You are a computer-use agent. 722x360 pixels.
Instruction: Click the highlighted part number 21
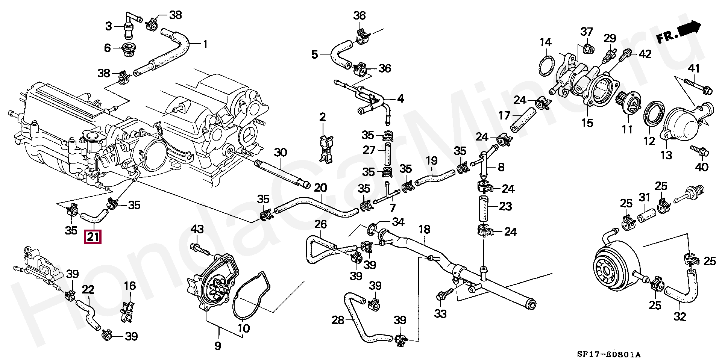(x=93, y=237)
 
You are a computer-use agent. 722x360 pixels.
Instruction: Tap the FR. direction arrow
(x=679, y=33)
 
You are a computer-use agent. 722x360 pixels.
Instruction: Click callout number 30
(x=280, y=152)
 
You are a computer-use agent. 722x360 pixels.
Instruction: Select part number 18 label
(x=425, y=229)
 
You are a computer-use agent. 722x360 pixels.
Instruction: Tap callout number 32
(x=680, y=316)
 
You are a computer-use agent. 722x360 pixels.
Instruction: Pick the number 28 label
(x=338, y=320)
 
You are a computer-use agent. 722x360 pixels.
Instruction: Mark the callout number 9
(x=218, y=345)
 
